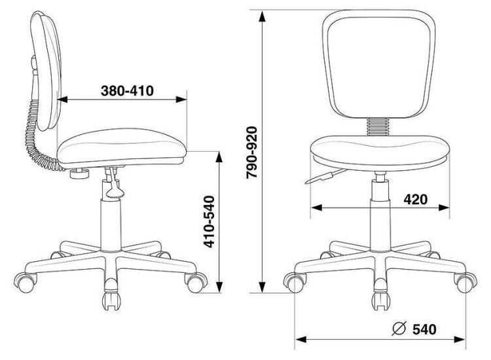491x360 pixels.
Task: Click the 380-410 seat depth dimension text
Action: [x=127, y=91]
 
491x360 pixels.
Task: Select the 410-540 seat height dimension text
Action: [x=209, y=222]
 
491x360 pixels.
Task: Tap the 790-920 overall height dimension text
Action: [x=251, y=153]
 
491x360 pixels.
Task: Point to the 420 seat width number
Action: [x=416, y=199]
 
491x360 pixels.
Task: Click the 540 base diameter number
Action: [x=424, y=329]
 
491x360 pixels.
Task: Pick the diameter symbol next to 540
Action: [x=399, y=329]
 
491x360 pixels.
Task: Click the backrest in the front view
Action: [x=379, y=64]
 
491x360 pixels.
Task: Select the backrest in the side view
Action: [x=46, y=71]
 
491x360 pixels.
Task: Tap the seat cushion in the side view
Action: [x=122, y=147]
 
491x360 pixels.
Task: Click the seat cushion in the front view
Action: [x=380, y=153]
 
